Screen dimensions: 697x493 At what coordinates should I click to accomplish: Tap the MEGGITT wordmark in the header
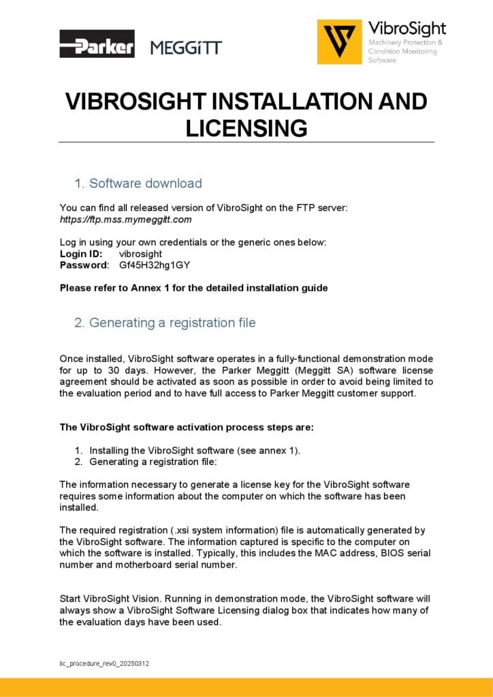186,48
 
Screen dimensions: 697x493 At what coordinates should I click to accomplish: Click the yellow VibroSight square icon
339,42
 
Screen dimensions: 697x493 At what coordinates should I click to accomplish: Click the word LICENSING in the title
246,128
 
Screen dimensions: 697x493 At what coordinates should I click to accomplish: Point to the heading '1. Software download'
138,183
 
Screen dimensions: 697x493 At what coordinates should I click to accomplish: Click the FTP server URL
126,219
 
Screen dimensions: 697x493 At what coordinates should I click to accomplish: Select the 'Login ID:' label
81,253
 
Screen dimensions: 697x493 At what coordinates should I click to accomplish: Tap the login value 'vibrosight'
140,253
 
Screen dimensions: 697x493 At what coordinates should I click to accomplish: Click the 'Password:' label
84,264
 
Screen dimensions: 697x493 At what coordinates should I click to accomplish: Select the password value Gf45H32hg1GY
154,264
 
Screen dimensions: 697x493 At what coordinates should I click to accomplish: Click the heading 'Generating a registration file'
172,322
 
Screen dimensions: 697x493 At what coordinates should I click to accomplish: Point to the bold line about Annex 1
193,287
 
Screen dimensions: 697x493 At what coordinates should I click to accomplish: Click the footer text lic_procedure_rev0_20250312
104,662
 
